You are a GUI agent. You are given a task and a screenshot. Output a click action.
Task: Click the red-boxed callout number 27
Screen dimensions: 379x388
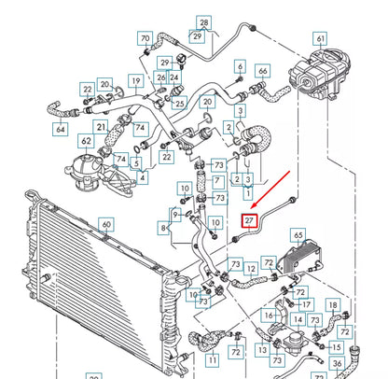249,221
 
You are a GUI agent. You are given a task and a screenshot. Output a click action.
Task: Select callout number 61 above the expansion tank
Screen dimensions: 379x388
321,38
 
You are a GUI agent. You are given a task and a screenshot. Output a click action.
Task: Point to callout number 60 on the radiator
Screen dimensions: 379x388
106,225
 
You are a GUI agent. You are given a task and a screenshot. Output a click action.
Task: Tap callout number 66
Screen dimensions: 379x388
263,72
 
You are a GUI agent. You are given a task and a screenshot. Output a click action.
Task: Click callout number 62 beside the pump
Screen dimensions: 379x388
86,143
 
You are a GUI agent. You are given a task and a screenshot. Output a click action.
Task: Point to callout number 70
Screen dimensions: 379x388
145,38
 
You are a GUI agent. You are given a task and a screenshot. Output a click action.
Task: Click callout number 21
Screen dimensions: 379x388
100,126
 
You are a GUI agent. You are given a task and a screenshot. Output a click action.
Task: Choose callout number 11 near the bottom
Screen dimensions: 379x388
214,358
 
